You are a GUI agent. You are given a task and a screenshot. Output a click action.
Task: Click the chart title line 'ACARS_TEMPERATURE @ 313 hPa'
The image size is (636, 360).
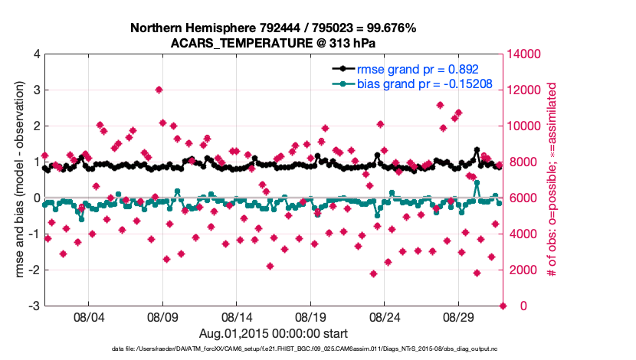(x=274, y=43)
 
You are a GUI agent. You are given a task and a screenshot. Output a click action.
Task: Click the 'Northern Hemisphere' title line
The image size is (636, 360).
(x=274, y=28)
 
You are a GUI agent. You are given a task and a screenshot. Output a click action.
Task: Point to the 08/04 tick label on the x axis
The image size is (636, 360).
(x=87, y=316)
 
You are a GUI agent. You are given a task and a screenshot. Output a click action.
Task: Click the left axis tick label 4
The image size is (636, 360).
(x=36, y=54)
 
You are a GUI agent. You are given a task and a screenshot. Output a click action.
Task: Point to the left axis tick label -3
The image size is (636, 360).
(x=34, y=306)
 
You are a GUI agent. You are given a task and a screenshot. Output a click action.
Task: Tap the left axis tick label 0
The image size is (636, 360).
(x=36, y=198)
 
